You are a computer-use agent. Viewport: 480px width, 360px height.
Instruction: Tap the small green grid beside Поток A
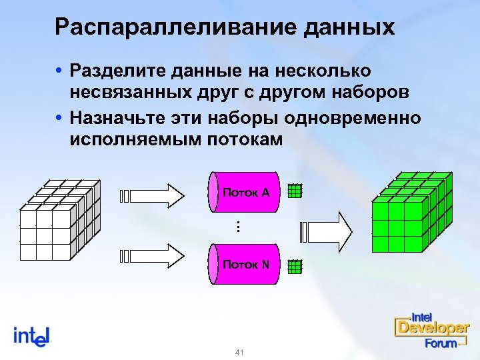click(x=295, y=191)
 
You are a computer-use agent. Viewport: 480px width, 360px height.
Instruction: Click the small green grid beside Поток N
click(x=295, y=267)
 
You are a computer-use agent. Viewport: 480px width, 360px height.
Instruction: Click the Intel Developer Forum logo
click(x=431, y=331)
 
